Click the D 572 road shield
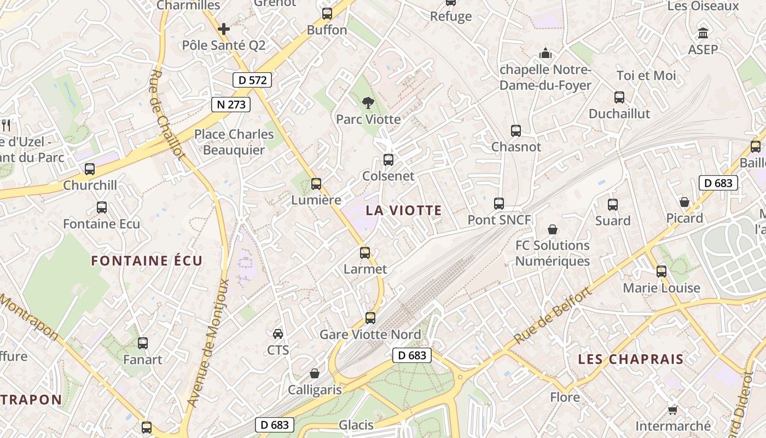pyautogui.click(x=253, y=80)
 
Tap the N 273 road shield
pyautogui.click(x=231, y=104)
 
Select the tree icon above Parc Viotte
pyautogui.click(x=368, y=102)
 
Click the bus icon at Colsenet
pyautogui.click(x=388, y=160)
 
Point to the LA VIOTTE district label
pyautogui.click(x=404, y=210)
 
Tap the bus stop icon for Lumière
pyautogui.click(x=316, y=184)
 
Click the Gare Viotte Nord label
pyautogui.click(x=370, y=335)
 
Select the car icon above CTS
pyautogui.click(x=278, y=333)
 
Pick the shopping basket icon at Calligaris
pyautogui.click(x=315, y=373)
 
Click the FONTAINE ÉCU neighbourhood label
pyautogui.click(x=147, y=261)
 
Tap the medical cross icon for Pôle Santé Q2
pyautogui.click(x=224, y=29)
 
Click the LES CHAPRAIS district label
pyautogui.click(x=631, y=359)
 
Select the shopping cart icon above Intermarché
pyautogui.click(x=672, y=410)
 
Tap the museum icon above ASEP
pyautogui.click(x=703, y=33)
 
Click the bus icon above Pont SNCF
pyautogui.click(x=499, y=204)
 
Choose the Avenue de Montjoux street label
pyautogui.click(x=208, y=343)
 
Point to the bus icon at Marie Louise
pyautogui.click(x=661, y=272)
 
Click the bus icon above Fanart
pyautogui.click(x=143, y=343)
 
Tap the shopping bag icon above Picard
pyautogui.click(x=684, y=202)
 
